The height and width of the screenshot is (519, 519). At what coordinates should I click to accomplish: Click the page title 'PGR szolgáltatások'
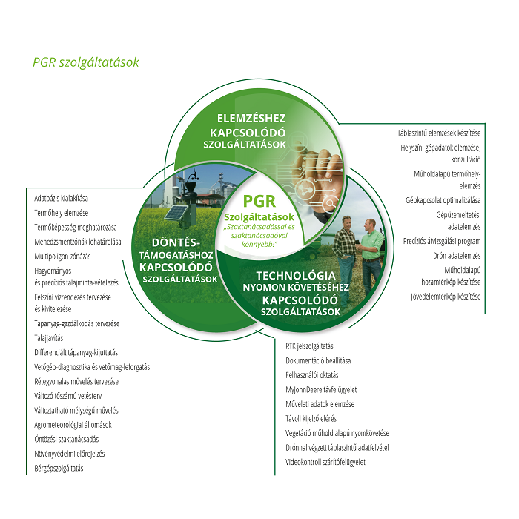point(86,62)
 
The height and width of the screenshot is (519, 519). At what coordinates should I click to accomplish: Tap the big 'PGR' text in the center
point(259,201)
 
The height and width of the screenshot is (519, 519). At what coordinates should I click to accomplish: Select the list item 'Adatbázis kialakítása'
point(62,198)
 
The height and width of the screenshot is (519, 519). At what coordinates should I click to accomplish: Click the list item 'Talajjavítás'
point(49,338)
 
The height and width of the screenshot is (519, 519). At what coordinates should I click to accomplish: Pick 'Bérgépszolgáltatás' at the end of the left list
point(59,469)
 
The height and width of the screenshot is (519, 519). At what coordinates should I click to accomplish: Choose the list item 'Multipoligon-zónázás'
point(62,257)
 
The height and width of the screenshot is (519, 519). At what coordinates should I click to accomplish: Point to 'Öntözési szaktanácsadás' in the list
point(67,439)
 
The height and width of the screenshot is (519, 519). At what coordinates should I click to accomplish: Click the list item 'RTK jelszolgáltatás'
point(309,346)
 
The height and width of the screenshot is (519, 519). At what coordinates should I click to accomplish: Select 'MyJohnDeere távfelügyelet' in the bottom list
point(321,389)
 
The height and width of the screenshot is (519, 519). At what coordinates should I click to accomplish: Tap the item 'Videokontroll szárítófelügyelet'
point(325,462)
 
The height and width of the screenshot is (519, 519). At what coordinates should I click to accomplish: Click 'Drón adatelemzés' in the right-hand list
point(457,256)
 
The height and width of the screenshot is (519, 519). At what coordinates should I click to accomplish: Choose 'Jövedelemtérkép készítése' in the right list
point(446,297)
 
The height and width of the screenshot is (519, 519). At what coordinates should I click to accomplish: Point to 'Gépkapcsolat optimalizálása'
point(443,200)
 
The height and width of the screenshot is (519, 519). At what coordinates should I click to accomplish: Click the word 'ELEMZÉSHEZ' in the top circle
point(251,118)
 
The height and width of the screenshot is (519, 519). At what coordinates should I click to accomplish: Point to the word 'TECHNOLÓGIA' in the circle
point(296,275)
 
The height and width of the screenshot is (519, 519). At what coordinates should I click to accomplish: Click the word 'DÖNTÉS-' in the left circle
point(176,242)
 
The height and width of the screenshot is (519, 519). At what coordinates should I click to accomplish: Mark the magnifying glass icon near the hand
point(330,203)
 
